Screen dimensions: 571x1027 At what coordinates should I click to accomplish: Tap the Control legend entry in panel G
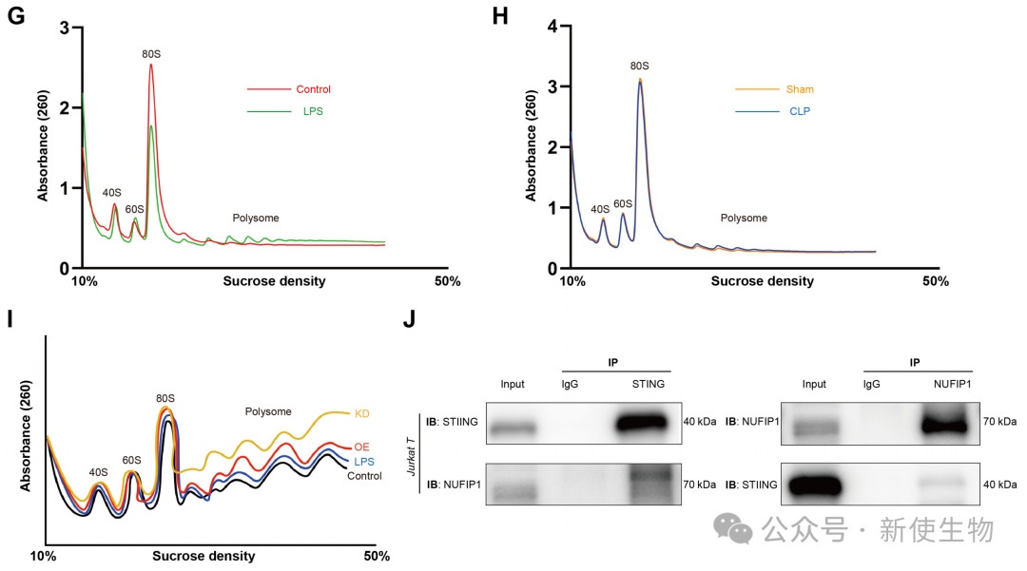coord(313,89)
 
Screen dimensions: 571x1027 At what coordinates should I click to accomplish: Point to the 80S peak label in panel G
coord(151,54)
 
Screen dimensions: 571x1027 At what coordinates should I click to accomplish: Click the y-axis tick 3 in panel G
coord(64,29)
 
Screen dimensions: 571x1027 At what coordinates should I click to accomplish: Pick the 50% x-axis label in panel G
coord(447,281)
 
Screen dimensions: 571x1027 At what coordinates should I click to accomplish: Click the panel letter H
coord(498,15)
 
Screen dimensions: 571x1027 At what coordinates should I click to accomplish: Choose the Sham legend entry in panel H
coord(799,89)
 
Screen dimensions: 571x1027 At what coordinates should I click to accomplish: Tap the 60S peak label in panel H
coord(623,203)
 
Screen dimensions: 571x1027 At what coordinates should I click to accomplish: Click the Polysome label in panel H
coord(743,219)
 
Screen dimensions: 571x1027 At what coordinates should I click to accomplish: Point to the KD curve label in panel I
coord(362,413)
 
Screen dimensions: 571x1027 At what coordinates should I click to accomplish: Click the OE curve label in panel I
coord(361,447)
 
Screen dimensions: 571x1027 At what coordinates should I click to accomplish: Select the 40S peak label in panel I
coord(99,471)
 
